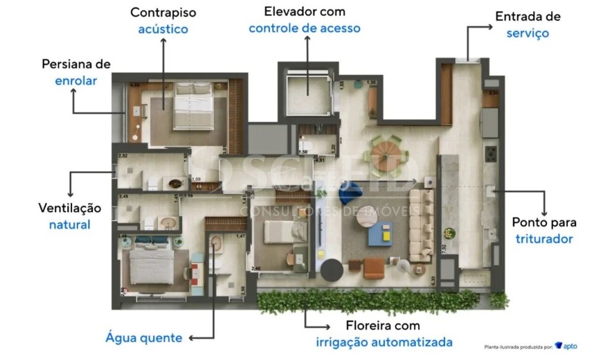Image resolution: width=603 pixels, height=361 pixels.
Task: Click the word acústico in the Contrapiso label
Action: pos(163,29)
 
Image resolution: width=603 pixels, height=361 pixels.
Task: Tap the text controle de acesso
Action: pos(304,28)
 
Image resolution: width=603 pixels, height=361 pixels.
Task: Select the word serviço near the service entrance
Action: pos(528,33)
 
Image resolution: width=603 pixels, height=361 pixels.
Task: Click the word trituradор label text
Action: pos(544,238)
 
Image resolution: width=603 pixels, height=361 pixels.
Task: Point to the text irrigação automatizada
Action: pos(384,342)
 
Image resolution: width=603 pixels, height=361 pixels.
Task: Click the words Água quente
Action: pos(144,337)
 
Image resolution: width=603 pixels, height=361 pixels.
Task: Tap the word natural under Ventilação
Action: pos(70,224)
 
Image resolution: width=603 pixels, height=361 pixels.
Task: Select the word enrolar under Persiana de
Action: pos(76,81)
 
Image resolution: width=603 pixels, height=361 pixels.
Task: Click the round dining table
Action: pos(385,156)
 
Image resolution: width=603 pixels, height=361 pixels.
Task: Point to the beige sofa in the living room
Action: pos(421,225)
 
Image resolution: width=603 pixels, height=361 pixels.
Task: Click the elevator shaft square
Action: pos(307,91)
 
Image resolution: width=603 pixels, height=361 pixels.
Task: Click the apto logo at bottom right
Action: pos(566,346)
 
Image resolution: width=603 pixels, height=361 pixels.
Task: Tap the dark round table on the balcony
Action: pos(333,270)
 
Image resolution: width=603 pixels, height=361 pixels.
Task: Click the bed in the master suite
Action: pos(194,106)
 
